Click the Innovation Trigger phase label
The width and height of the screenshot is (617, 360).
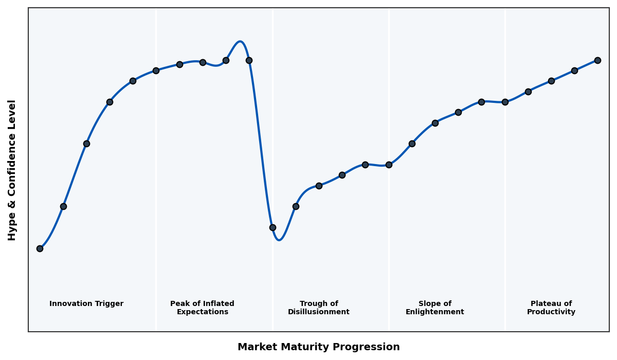[86, 304]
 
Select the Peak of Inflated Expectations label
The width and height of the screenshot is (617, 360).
[202, 308]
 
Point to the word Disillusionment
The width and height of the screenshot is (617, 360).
[319, 312]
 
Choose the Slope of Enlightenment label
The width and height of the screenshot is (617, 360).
[434, 308]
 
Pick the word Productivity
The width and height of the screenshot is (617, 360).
[551, 312]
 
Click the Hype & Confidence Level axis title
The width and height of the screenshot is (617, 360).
[12, 170]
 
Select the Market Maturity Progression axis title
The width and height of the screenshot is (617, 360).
[318, 347]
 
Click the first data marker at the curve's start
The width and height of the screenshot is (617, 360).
[40, 248]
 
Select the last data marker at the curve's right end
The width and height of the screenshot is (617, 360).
[597, 60]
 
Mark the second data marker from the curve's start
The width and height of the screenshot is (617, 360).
[63, 206]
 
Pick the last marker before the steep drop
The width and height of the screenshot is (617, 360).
[249, 60]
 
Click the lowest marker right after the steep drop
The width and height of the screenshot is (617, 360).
[273, 227]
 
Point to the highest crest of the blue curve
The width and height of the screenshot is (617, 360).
[240, 42]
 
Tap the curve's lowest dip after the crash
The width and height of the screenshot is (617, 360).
[279, 240]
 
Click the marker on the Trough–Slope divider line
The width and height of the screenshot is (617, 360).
[389, 165]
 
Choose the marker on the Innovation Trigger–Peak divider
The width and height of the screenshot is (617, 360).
[156, 70]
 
